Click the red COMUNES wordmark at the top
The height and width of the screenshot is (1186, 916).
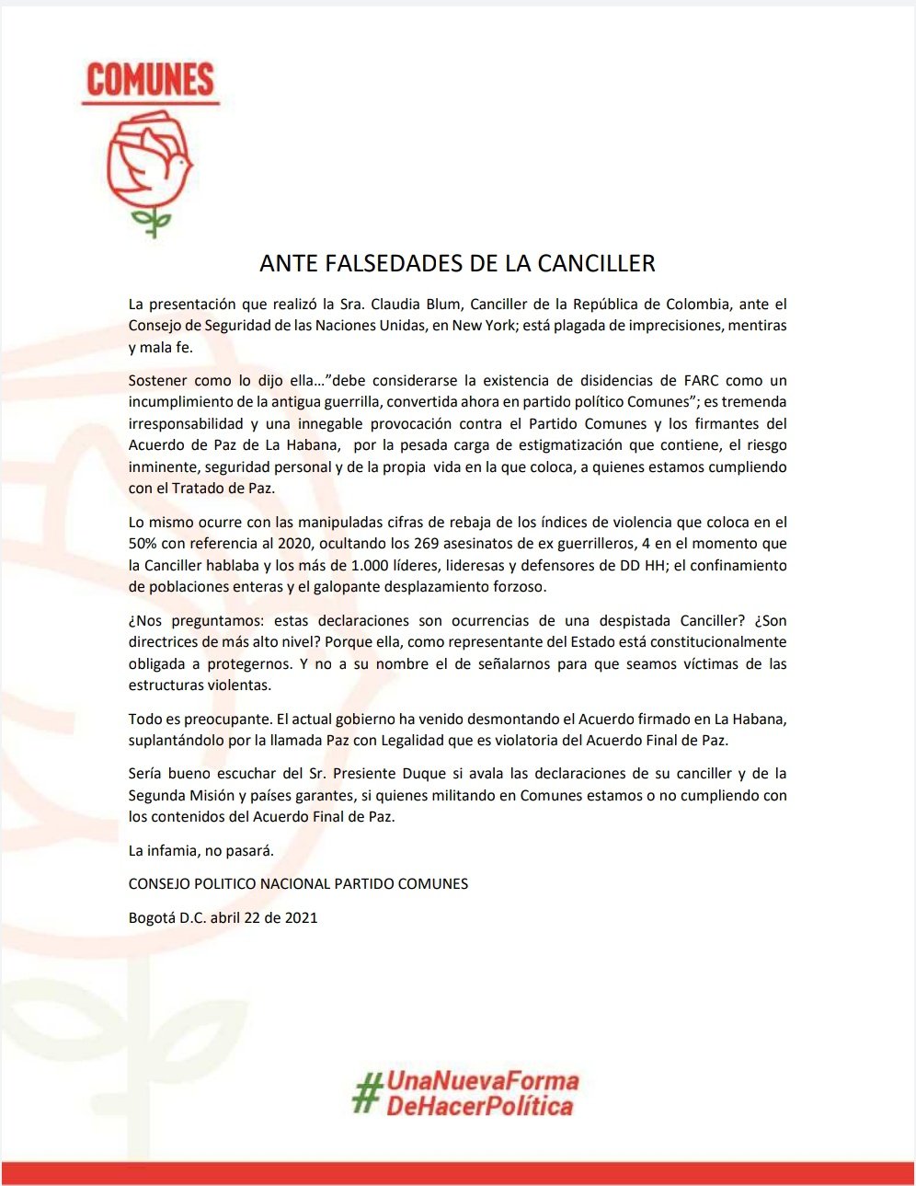151,81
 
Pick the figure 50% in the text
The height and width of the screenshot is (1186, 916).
145,544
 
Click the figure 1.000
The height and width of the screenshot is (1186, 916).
370,565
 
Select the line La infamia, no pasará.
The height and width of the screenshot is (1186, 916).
201,851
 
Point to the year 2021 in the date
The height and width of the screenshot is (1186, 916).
302,917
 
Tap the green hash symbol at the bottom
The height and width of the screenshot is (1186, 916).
368,1092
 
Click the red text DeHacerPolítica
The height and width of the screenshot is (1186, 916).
479,1106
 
